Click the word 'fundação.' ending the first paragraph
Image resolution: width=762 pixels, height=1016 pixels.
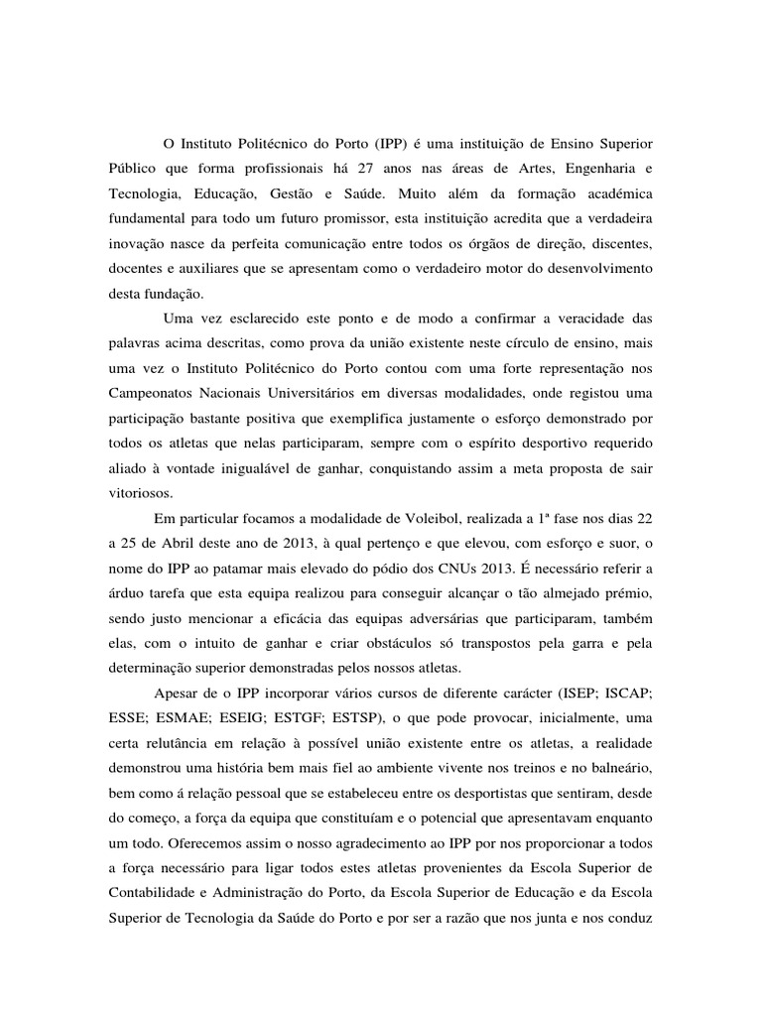pos(156,295)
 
